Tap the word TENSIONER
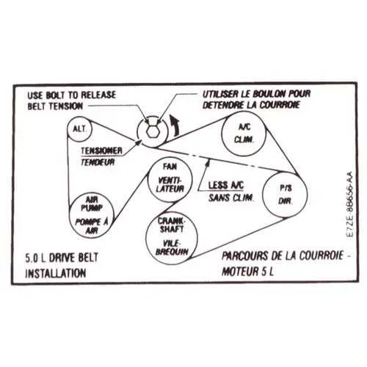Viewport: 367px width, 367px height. pyautogui.click(x=101, y=150)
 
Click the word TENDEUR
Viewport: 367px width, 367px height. pyautogui.click(x=98, y=162)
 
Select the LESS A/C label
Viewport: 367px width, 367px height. pyautogui.click(x=226, y=186)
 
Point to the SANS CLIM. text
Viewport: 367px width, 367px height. pyautogui.click(x=231, y=197)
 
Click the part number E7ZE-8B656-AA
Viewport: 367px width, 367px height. pyautogui.click(x=350, y=204)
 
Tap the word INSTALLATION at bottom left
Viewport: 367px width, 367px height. pyautogui.click(x=56, y=273)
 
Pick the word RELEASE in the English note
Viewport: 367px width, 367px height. pyautogui.click(x=98, y=95)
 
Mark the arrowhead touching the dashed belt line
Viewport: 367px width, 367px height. pyautogui.click(x=208, y=163)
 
